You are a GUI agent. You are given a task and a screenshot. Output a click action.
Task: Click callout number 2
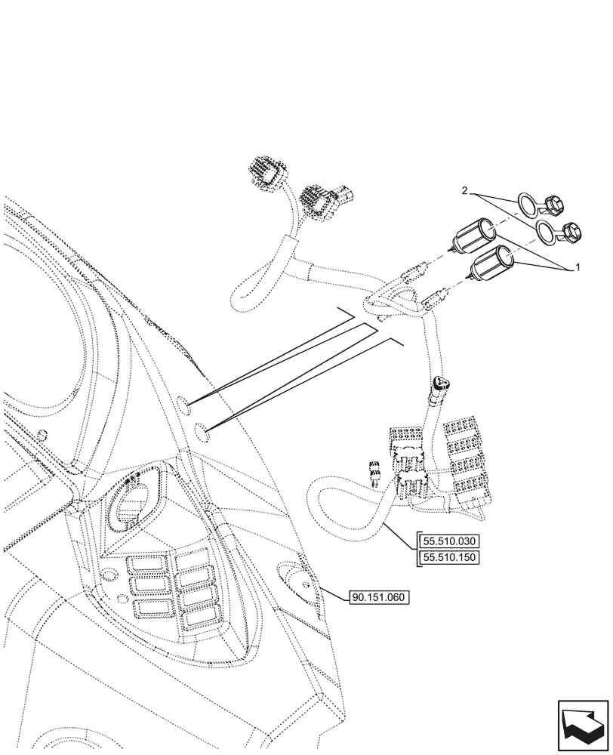click(x=466, y=192)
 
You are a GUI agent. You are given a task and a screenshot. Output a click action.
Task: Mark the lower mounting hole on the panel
click(x=200, y=434)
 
